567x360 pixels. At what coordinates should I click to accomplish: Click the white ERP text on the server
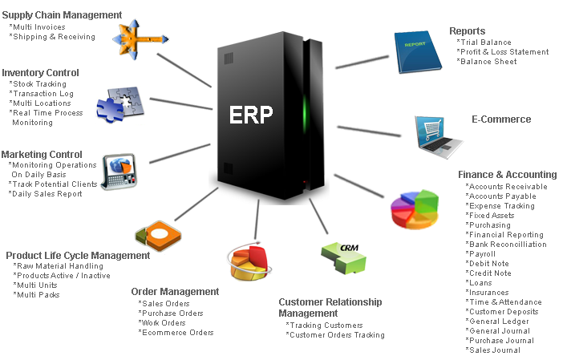(251, 115)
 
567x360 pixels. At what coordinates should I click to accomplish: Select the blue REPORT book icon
(417, 52)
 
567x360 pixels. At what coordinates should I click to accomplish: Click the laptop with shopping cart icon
(438, 136)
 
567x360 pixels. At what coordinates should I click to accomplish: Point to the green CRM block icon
(344, 257)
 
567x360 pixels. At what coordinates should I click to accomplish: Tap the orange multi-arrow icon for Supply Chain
(140, 39)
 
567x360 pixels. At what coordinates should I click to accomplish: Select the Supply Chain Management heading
(62, 14)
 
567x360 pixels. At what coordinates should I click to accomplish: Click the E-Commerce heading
(501, 119)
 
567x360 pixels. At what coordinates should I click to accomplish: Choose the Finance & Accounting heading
(508, 175)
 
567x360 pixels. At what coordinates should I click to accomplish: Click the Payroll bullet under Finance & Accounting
(480, 253)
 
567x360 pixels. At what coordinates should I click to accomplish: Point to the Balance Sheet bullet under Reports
(486, 62)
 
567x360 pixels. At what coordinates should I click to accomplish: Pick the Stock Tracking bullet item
(38, 84)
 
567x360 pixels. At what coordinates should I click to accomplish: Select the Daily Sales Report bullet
(45, 194)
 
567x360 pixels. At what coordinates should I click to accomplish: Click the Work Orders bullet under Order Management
(162, 323)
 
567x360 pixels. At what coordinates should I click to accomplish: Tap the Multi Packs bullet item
(36, 294)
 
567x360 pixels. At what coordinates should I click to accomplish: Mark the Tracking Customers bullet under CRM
(324, 326)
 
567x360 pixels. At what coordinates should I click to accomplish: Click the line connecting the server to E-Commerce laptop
(369, 131)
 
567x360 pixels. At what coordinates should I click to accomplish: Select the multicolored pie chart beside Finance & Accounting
(415, 209)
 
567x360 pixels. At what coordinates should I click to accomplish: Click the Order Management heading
(175, 291)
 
